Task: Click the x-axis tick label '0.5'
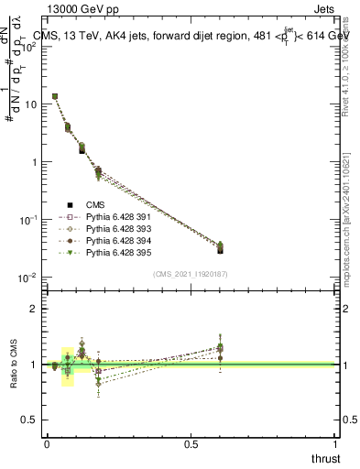pos(191,445)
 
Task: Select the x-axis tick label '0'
pos(47,445)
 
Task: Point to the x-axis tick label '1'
pos(336,445)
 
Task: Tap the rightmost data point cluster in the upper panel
pos(220,247)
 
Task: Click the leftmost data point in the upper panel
pos(55,96)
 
